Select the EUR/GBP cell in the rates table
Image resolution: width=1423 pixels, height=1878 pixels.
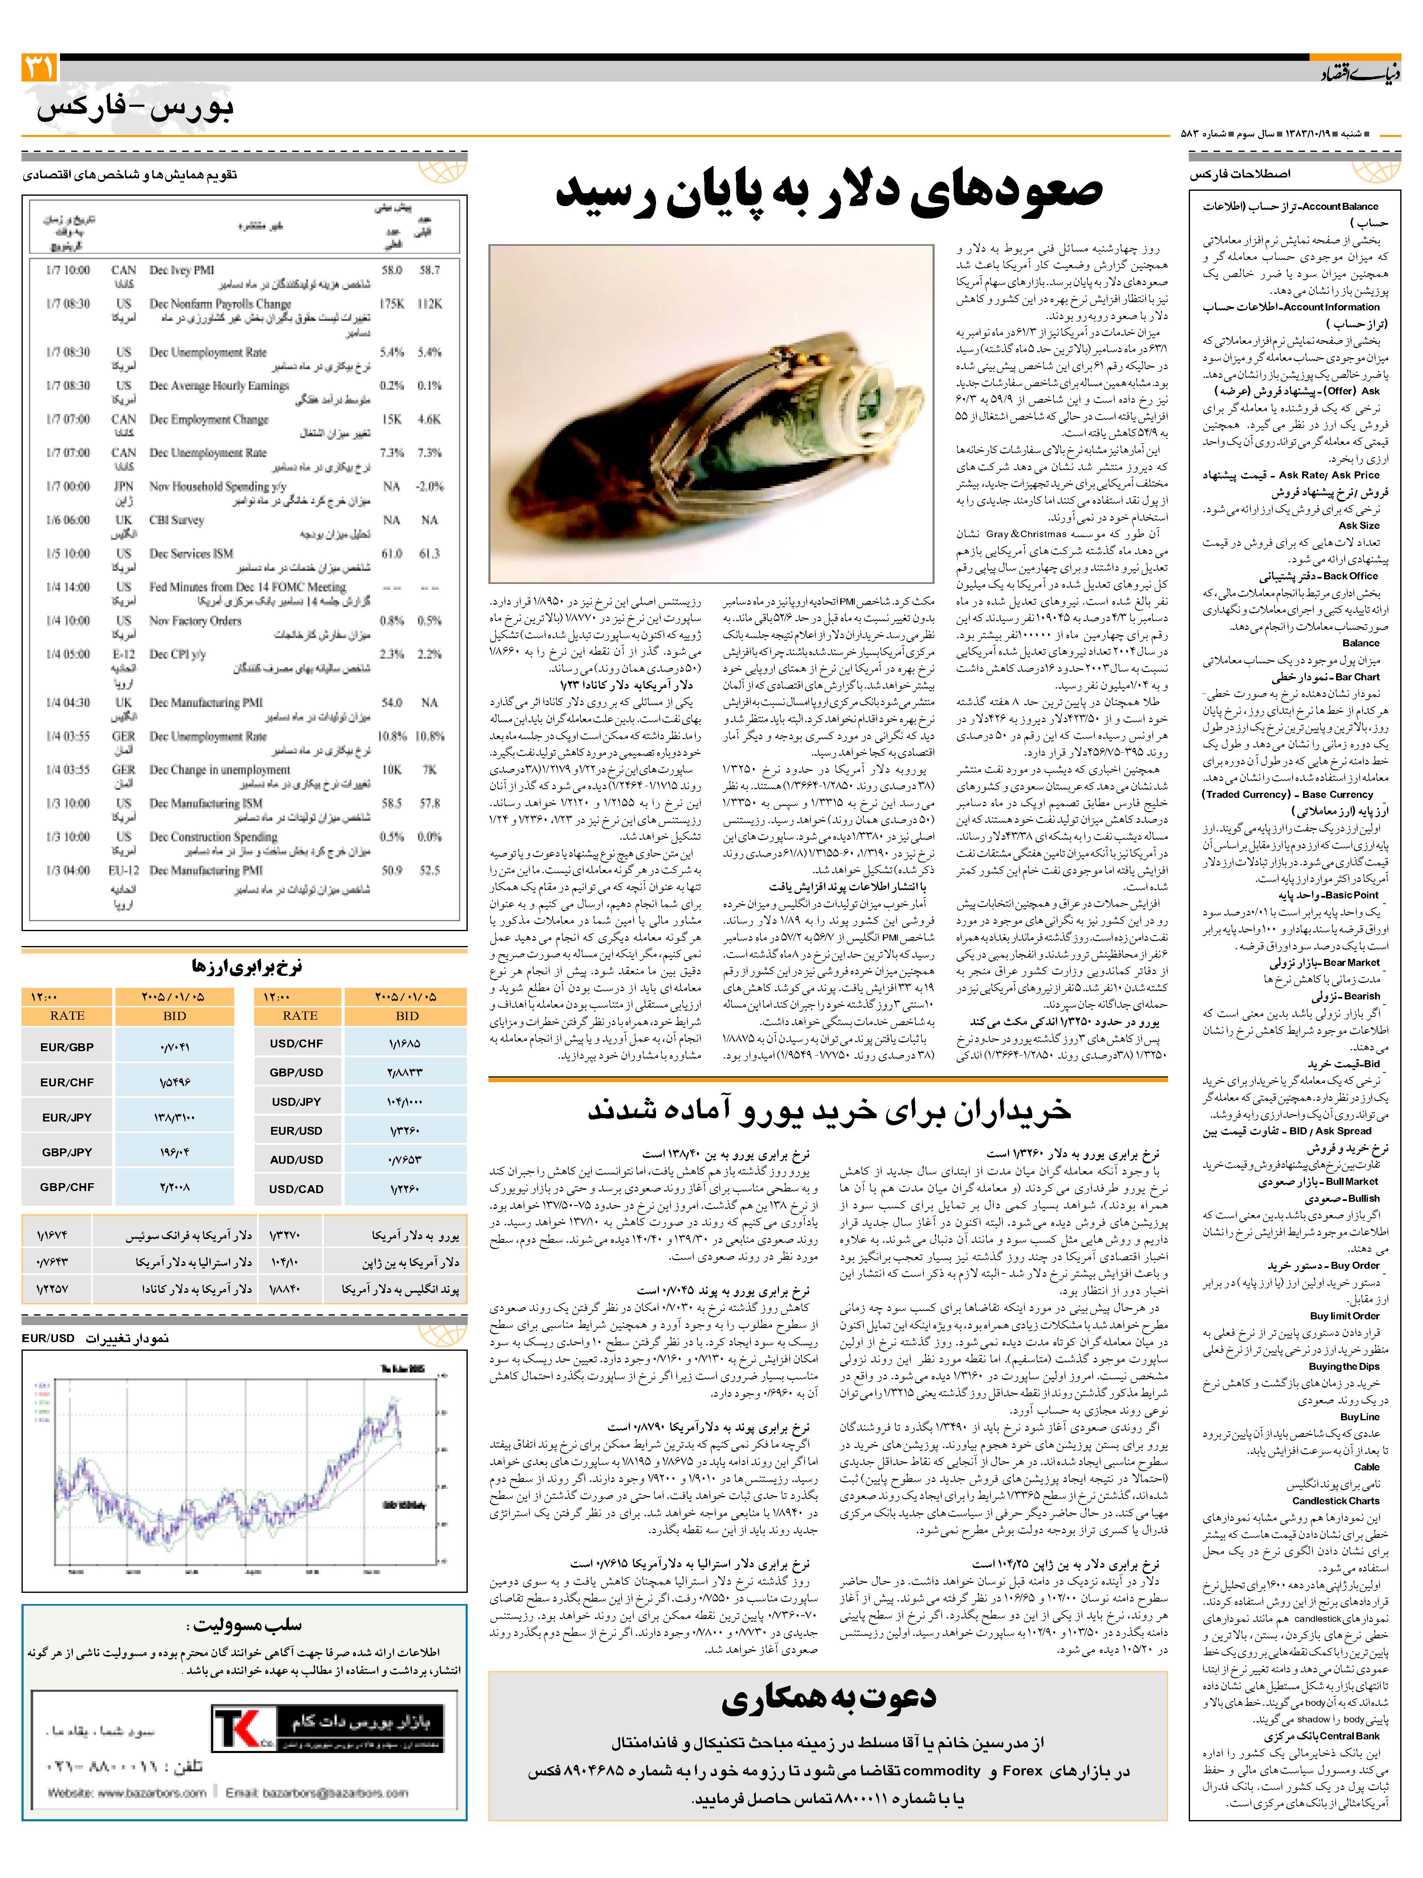pyautogui.click(x=67, y=1047)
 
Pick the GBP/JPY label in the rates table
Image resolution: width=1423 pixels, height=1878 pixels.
pyautogui.click(x=67, y=1152)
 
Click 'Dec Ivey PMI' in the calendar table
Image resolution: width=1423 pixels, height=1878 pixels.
pyautogui.click(x=182, y=270)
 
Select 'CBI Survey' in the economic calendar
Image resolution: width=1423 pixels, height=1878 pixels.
pyautogui.click(x=177, y=520)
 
